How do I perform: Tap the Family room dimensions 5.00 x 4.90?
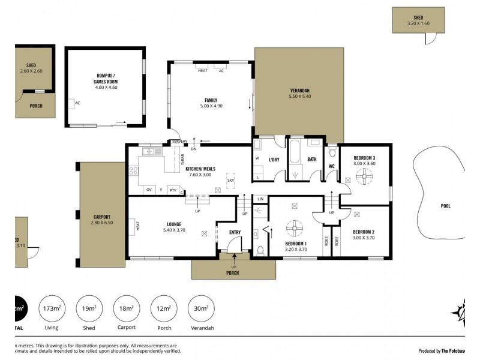pyautogui.click(x=211, y=106)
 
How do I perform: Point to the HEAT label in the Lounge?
pyautogui.click(x=137, y=226)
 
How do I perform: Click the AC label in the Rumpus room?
pyautogui.click(x=77, y=103)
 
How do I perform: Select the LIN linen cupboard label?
pyautogui.click(x=260, y=199)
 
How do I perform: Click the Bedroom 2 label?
pyautogui.click(x=364, y=232)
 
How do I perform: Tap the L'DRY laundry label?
pyautogui.click(x=274, y=160)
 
